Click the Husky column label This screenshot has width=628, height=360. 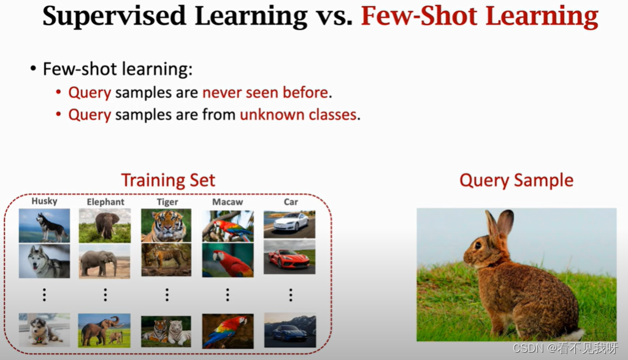(44, 201)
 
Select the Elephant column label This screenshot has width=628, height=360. (105, 202)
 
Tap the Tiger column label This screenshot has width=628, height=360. (167, 202)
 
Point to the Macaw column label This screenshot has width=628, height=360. (228, 202)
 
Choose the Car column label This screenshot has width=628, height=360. (291, 202)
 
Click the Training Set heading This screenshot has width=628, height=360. (168, 180)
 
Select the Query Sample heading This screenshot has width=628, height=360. (516, 180)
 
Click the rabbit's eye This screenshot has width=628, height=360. (477, 247)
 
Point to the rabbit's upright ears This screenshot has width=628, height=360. (498, 226)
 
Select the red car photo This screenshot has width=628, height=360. (289, 258)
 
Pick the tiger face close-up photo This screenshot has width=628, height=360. (166, 225)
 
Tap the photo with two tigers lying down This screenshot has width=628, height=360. (166, 331)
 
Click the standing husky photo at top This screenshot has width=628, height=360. (44, 225)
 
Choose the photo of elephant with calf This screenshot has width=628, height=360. (104, 331)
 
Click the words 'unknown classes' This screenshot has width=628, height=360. (298, 115)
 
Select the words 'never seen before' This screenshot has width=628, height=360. (266, 93)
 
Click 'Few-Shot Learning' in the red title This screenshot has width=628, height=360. (479, 17)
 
